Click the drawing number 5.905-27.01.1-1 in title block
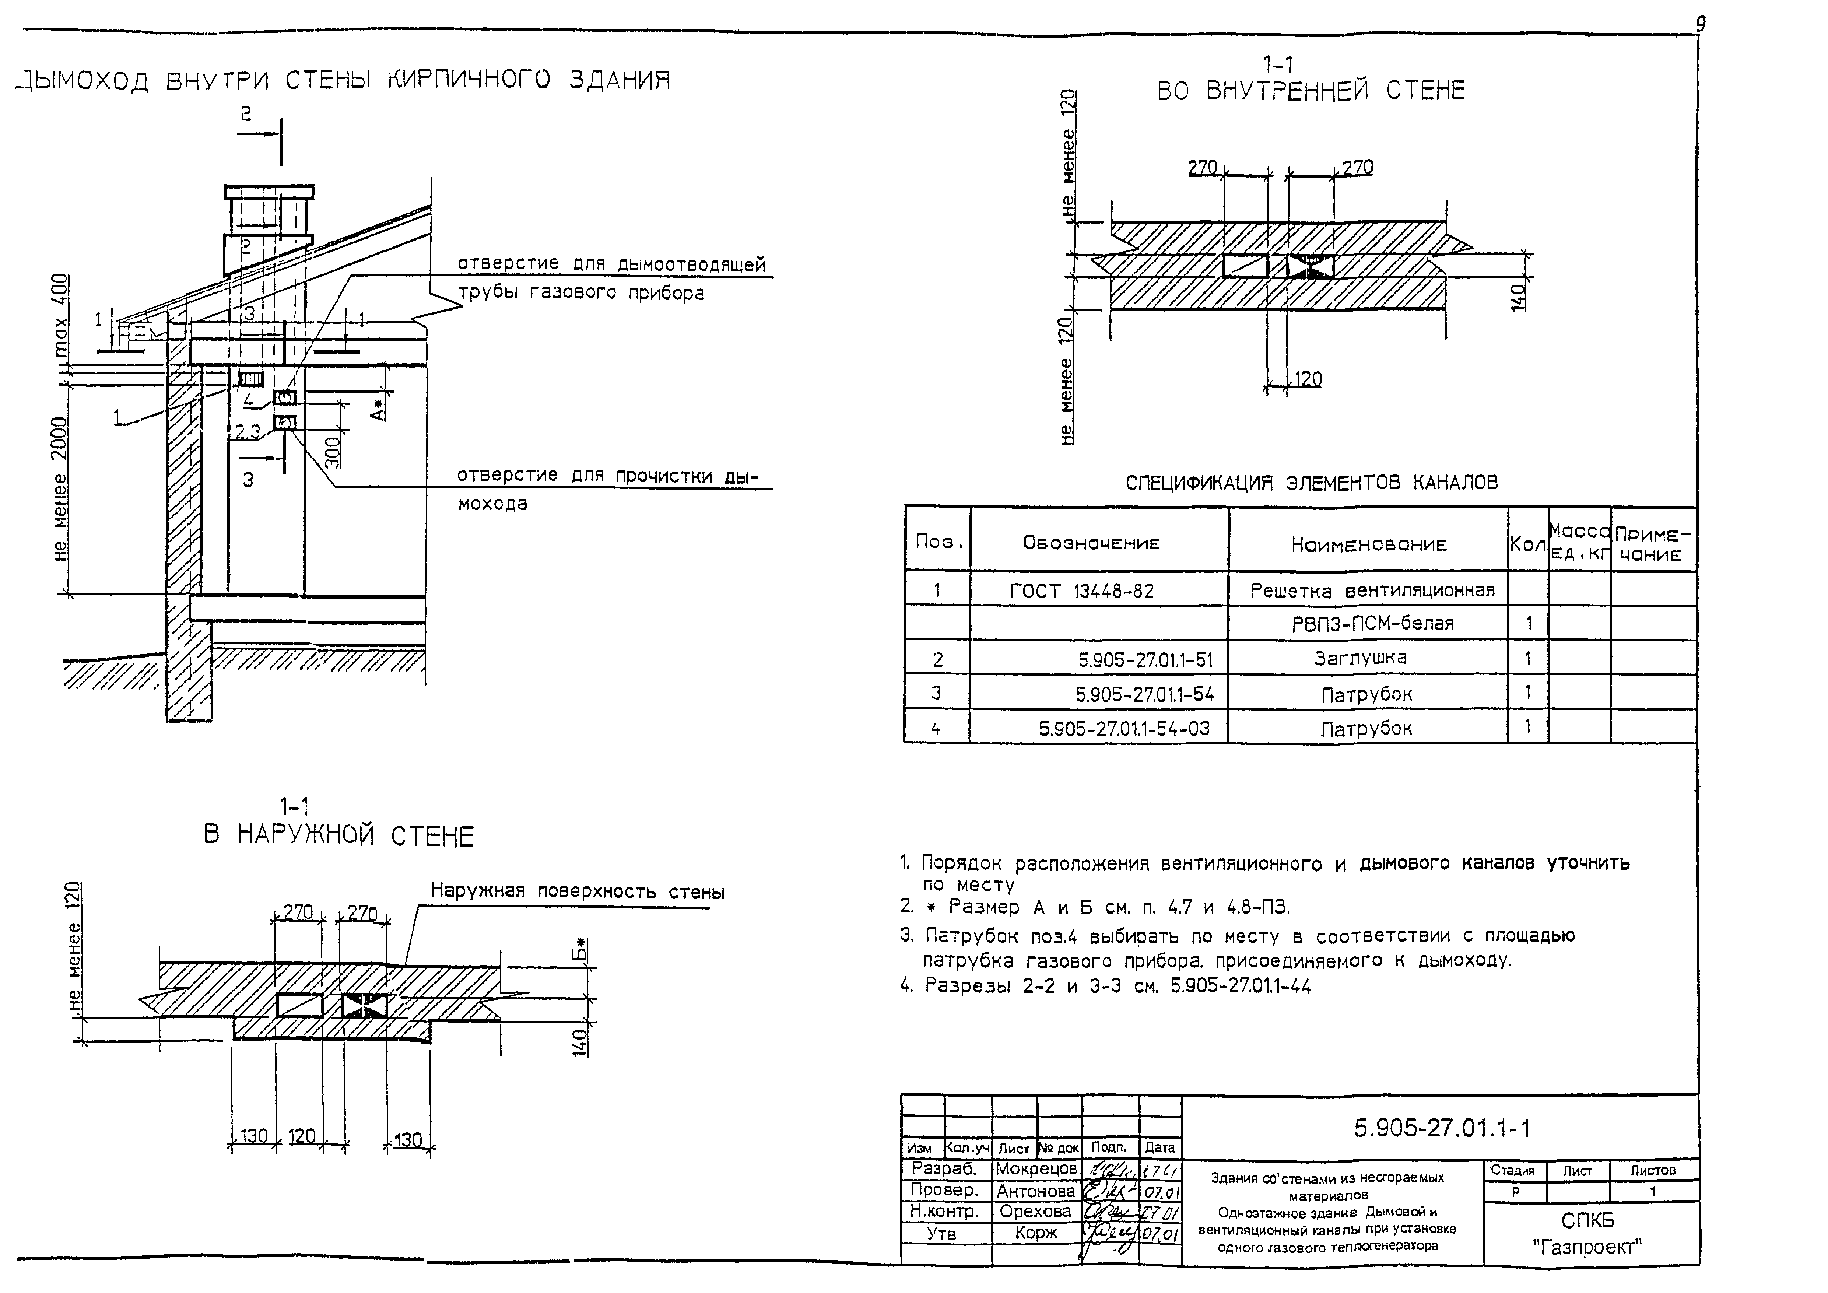click(x=1441, y=1128)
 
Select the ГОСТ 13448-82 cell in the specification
click(x=1081, y=591)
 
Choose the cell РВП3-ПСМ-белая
click(x=1373, y=623)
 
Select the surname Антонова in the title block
click(x=1036, y=1191)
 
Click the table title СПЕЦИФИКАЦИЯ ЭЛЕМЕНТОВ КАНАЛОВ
click(x=1311, y=483)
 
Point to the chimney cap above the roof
click(x=269, y=192)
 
